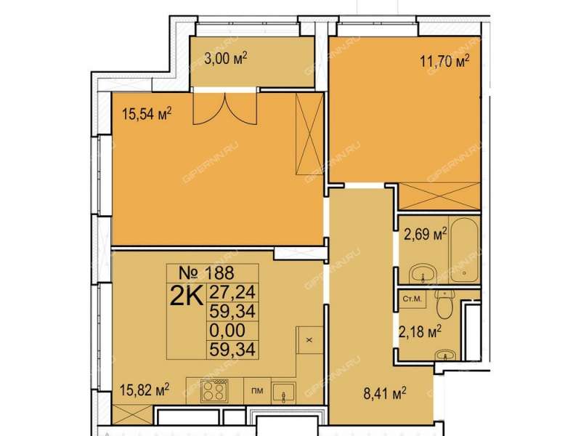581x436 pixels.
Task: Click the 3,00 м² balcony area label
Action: point(226,58)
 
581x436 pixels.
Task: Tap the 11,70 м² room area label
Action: point(444,61)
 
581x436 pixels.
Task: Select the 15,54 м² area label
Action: point(147,114)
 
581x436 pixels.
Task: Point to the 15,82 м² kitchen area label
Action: point(144,389)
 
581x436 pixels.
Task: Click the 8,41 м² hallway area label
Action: point(385,393)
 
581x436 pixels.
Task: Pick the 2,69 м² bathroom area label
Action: point(425,234)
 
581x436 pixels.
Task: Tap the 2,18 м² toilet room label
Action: point(420,331)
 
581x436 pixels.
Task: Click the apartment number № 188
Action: point(206,273)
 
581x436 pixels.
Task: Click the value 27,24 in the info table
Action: point(232,292)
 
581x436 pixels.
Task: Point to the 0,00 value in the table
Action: point(227,331)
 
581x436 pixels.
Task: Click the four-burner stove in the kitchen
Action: point(214,391)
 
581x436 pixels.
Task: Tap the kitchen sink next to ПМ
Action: point(283,392)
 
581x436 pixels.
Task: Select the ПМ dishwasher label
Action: point(257,390)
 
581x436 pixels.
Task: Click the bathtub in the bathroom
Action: point(465,251)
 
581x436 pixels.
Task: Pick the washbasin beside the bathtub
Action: point(423,274)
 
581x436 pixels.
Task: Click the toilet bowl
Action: point(444,304)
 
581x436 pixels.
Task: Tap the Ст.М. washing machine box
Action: point(413,299)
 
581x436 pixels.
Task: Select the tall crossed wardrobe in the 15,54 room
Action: point(309,134)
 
